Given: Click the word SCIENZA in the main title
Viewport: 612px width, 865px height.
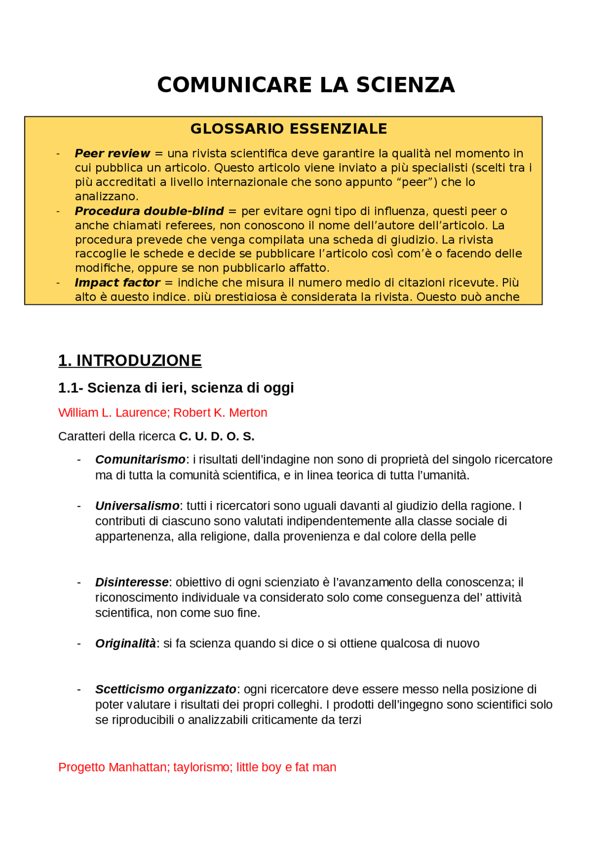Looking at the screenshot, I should pyautogui.click(x=405, y=85).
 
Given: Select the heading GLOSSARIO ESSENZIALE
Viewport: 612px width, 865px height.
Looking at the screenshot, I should pyautogui.click(x=288, y=129).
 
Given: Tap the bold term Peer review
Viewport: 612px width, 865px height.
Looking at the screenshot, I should pyautogui.click(x=112, y=154).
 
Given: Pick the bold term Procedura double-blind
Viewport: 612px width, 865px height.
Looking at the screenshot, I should pyautogui.click(x=149, y=211).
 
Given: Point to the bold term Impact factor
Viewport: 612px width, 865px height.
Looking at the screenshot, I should pyautogui.click(x=117, y=283).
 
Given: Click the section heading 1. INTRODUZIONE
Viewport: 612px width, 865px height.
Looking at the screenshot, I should pyautogui.click(x=130, y=361).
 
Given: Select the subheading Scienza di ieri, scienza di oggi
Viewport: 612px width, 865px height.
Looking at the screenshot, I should pyautogui.click(x=190, y=388).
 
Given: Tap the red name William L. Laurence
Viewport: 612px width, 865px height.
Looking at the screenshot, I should pyautogui.click(x=112, y=413).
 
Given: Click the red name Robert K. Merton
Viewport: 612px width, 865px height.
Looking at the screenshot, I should pyautogui.click(x=220, y=413).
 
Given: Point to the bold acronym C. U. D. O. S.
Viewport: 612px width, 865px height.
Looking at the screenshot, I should pyautogui.click(x=217, y=437).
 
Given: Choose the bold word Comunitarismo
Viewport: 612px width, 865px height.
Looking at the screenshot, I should pyautogui.click(x=140, y=459).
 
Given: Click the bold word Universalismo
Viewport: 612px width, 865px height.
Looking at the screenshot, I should pyautogui.click(x=137, y=506).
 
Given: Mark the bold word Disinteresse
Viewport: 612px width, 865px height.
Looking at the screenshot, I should pyautogui.click(x=131, y=582).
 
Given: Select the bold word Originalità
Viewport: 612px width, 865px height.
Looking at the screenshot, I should pyautogui.click(x=125, y=644).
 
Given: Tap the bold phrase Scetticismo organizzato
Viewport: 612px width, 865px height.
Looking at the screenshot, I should pyautogui.click(x=165, y=689).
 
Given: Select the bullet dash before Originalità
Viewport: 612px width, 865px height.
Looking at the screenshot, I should pyautogui.click(x=79, y=644).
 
